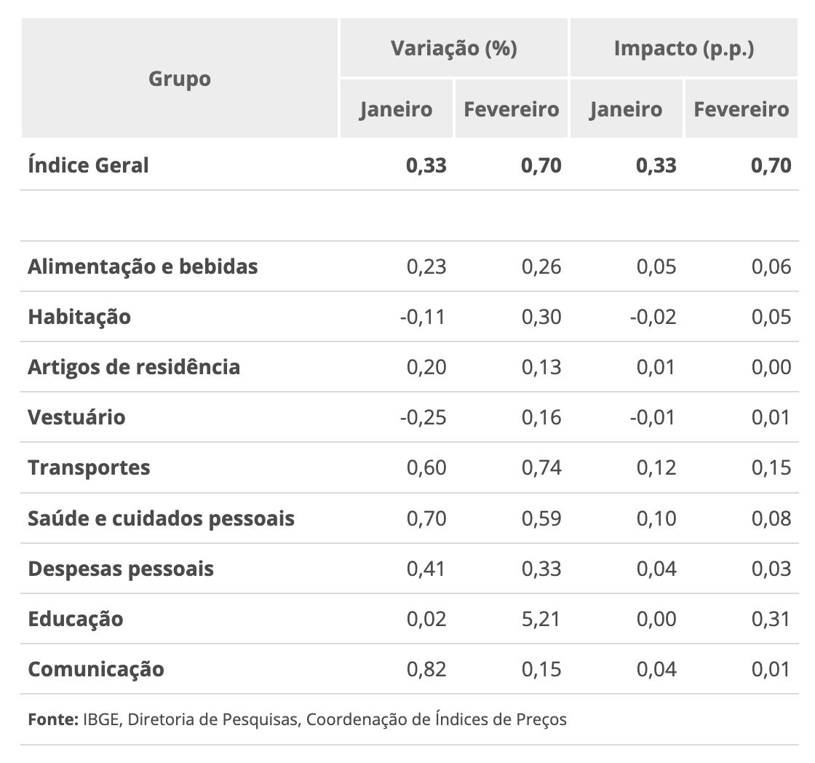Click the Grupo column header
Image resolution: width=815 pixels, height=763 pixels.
(180, 78)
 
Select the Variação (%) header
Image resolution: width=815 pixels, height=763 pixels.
(453, 48)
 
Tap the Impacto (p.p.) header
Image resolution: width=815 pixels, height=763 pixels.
(683, 48)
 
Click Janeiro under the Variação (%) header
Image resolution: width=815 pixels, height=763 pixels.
(396, 109)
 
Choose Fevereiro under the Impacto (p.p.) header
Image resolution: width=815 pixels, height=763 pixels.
(741, 109)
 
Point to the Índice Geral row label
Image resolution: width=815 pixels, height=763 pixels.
(88, 165)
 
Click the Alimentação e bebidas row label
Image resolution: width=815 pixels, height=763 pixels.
(143, 266)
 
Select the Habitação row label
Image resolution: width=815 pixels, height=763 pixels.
(79, 317)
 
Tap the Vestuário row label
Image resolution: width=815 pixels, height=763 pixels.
(76, 417)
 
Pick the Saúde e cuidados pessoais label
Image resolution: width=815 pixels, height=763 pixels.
(161, 518)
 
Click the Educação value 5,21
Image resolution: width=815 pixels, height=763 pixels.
(541, 619)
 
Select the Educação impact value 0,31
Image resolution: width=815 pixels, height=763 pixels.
(771, 619)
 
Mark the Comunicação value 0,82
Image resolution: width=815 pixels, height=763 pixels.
(426, 669)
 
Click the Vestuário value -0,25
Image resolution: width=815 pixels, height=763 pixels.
(423, 417)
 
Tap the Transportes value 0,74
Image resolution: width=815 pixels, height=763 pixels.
(541, 467)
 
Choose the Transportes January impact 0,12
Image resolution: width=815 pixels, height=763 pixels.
(656, 467)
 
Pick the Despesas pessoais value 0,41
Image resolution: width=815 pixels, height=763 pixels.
(426, 569)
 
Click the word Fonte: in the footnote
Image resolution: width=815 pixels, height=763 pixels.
(52, 720)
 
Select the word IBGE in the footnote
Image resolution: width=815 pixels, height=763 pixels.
(101, 720)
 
